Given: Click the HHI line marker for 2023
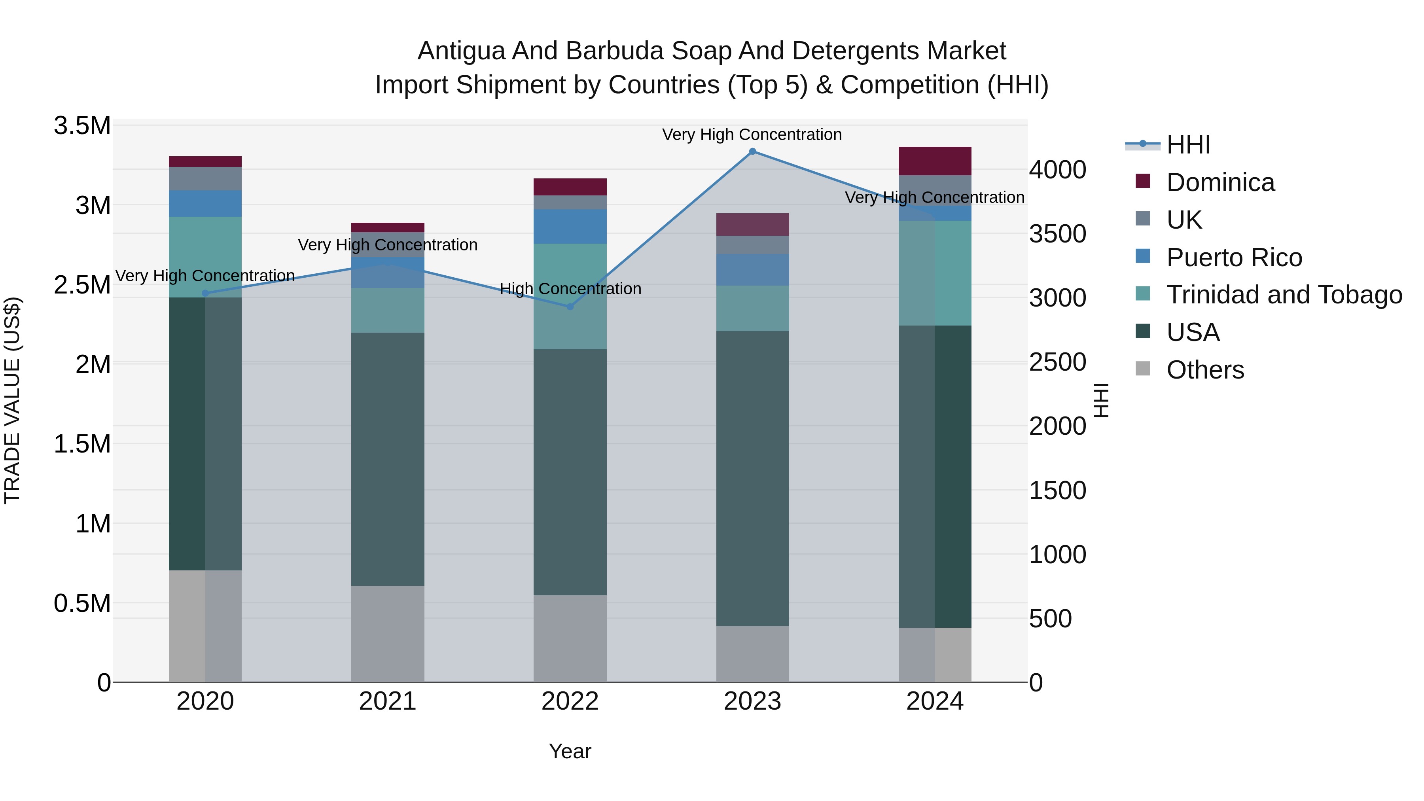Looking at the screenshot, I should coord(752,151).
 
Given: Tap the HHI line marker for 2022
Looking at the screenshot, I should coord(570,307).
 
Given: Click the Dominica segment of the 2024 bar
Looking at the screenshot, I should coord(935,161).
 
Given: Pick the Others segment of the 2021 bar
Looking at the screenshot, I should coord(388,634).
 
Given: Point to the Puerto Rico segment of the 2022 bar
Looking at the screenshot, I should coord(570,227).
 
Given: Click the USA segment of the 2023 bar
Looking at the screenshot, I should coord(752,478).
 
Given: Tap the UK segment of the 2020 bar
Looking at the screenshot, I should coord(205,178).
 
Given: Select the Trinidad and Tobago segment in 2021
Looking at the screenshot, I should coord(388,310).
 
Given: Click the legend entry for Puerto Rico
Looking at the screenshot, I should coord(1234,258).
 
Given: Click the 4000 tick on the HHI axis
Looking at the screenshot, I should coord(1057,170).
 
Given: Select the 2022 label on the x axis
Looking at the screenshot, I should coord(570,701).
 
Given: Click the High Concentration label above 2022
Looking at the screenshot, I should coord(570,289).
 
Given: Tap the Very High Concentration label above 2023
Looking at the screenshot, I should coord(752,135).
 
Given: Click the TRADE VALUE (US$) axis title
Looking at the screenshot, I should coord(12,400).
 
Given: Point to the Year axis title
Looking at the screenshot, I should coord(570,751).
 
